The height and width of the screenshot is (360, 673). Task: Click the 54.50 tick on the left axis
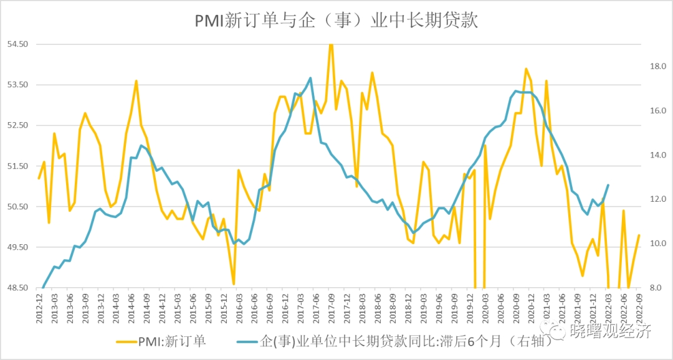tap(17, 44)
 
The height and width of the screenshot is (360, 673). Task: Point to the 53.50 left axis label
tap(17, 85)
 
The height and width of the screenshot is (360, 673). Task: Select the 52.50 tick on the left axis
tap(17, 125)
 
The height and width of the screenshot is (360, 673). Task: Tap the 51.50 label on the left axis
tap(17, 166)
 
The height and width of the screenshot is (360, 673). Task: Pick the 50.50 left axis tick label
tap(17, 207)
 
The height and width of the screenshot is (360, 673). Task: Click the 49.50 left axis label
tap(17, 247)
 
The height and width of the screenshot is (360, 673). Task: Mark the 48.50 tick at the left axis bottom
tap(17, 288)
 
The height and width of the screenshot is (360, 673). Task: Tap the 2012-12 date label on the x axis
tap(39, 306)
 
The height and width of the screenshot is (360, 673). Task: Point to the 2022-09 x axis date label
tap(639, 306)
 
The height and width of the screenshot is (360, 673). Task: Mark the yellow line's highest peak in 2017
tap(331, 44)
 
